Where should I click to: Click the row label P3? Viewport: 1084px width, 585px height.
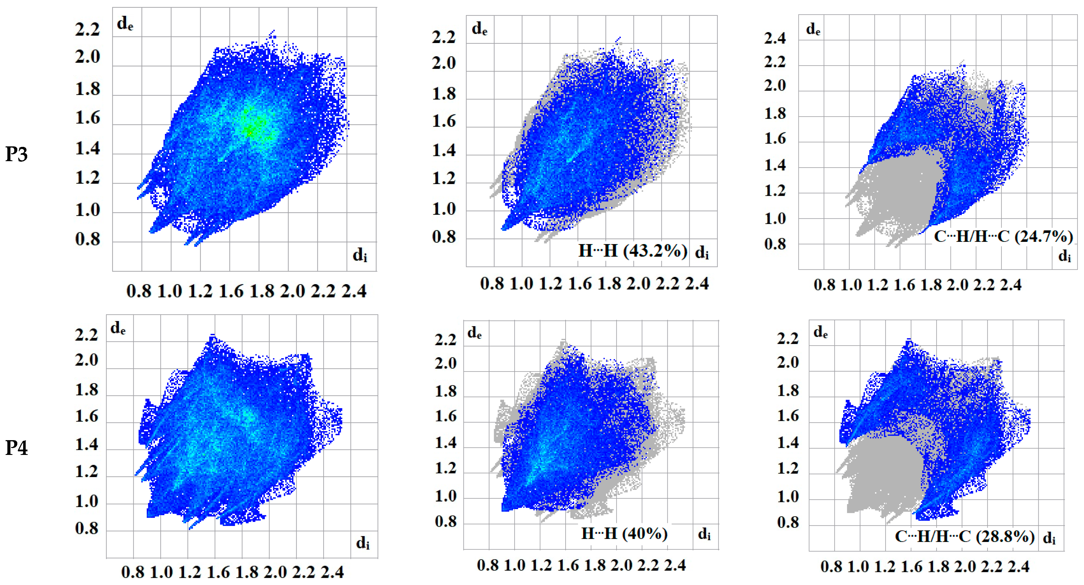pos(17,154)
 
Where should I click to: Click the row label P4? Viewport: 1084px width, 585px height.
pos(17,448)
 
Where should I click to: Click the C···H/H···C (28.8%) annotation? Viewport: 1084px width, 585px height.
pos(964,537)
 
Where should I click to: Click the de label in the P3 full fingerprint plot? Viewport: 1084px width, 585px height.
pos(125,24)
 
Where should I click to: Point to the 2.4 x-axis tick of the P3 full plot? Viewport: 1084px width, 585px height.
pos(354,291)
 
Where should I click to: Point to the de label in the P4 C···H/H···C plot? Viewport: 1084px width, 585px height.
pos(820,332)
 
